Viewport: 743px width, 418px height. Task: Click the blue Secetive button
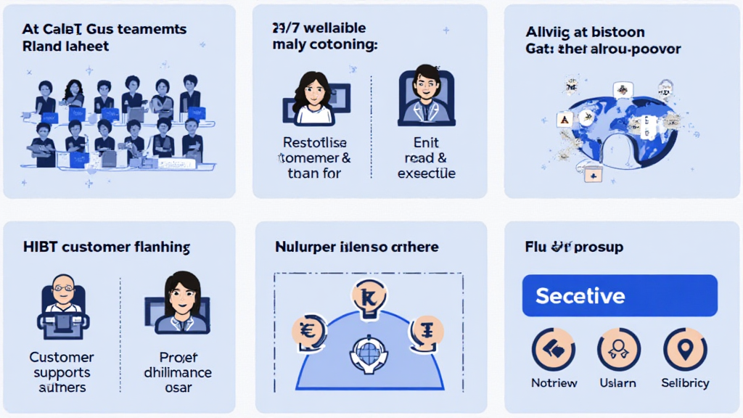click(620, 296)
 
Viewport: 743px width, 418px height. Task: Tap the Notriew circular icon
click(554, 350)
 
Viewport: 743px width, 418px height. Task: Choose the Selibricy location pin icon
click(685, 350)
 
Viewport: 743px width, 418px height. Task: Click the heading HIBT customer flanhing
click(107, 247)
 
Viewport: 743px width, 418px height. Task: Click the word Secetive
click(580, 296)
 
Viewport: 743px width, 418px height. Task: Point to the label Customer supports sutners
click(62, 372)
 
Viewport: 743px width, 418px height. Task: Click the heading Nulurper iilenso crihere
click(356, 247)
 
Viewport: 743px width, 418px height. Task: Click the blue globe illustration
click(617, 127)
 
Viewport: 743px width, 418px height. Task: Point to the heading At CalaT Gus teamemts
click(104, 30)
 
